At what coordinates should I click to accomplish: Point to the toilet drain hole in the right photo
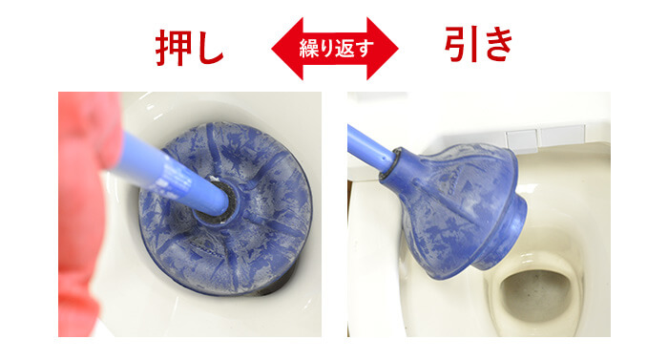pyautogui.click(x=534, y=291)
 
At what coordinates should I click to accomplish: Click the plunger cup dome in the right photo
pyautogui.click(x=458, y=191)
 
